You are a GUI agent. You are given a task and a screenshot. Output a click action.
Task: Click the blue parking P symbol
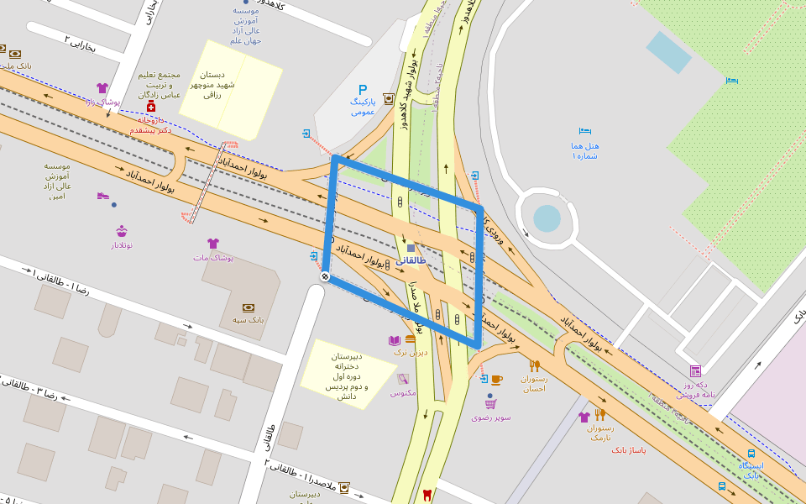(x=363, y=90)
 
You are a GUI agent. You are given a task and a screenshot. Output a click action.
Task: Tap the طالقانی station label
(x=411, y=261)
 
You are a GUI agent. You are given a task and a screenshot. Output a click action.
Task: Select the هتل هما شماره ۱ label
(x=585, y=150)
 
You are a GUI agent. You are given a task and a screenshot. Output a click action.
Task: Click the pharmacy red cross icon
(x=151, y=108)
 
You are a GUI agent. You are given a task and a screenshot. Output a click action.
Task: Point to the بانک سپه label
(x=248, y=320)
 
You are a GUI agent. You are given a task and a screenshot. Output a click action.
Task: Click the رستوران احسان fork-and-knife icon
(x=534, y=365)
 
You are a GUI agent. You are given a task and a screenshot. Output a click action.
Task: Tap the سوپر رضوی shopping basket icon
(x=490, y=404)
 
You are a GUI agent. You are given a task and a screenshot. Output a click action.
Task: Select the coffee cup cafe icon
(x=496, y=380)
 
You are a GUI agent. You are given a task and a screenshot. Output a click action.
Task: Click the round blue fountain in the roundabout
(x=547, y=218)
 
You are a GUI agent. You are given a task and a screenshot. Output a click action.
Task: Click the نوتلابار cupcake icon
(x=122, y=231)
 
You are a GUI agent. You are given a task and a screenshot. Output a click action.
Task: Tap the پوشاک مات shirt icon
(x=213, y=244)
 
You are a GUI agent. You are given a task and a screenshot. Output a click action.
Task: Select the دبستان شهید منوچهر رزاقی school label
(x=206, y=85)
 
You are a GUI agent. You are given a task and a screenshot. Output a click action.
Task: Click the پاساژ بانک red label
(x=628, y=450)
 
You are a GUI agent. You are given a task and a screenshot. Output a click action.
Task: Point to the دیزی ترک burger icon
(x=411, y=339)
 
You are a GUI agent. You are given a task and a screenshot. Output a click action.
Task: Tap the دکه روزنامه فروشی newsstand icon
(x=695, y=371)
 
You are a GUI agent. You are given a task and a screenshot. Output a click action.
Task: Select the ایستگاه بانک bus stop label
(x=751, y=470)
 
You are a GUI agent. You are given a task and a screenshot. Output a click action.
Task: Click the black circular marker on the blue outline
(x=325, y=276)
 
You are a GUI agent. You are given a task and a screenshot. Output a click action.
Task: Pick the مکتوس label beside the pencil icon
(x=403, y=392)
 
